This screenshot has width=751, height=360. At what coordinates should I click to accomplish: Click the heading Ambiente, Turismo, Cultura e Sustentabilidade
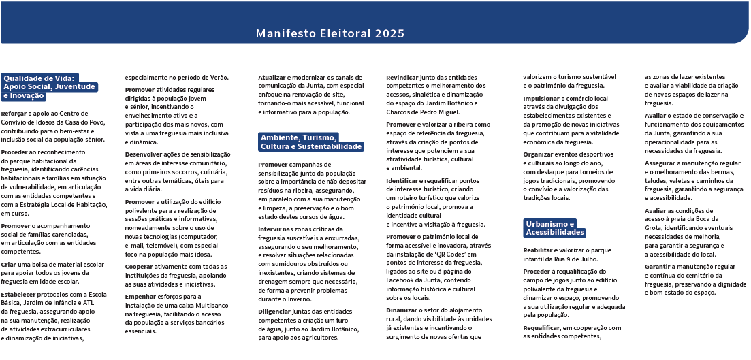(x=310, y=142)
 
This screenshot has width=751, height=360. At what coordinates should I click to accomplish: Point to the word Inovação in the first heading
(x=27, y=96)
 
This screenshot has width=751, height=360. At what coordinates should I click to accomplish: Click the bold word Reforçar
(x=14, y=113)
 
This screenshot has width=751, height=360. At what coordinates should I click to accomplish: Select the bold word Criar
(x=10, y=263)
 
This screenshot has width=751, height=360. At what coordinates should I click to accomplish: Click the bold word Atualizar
(x=272, y=78)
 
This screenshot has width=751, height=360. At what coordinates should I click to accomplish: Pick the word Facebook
(x=403, y=279)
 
